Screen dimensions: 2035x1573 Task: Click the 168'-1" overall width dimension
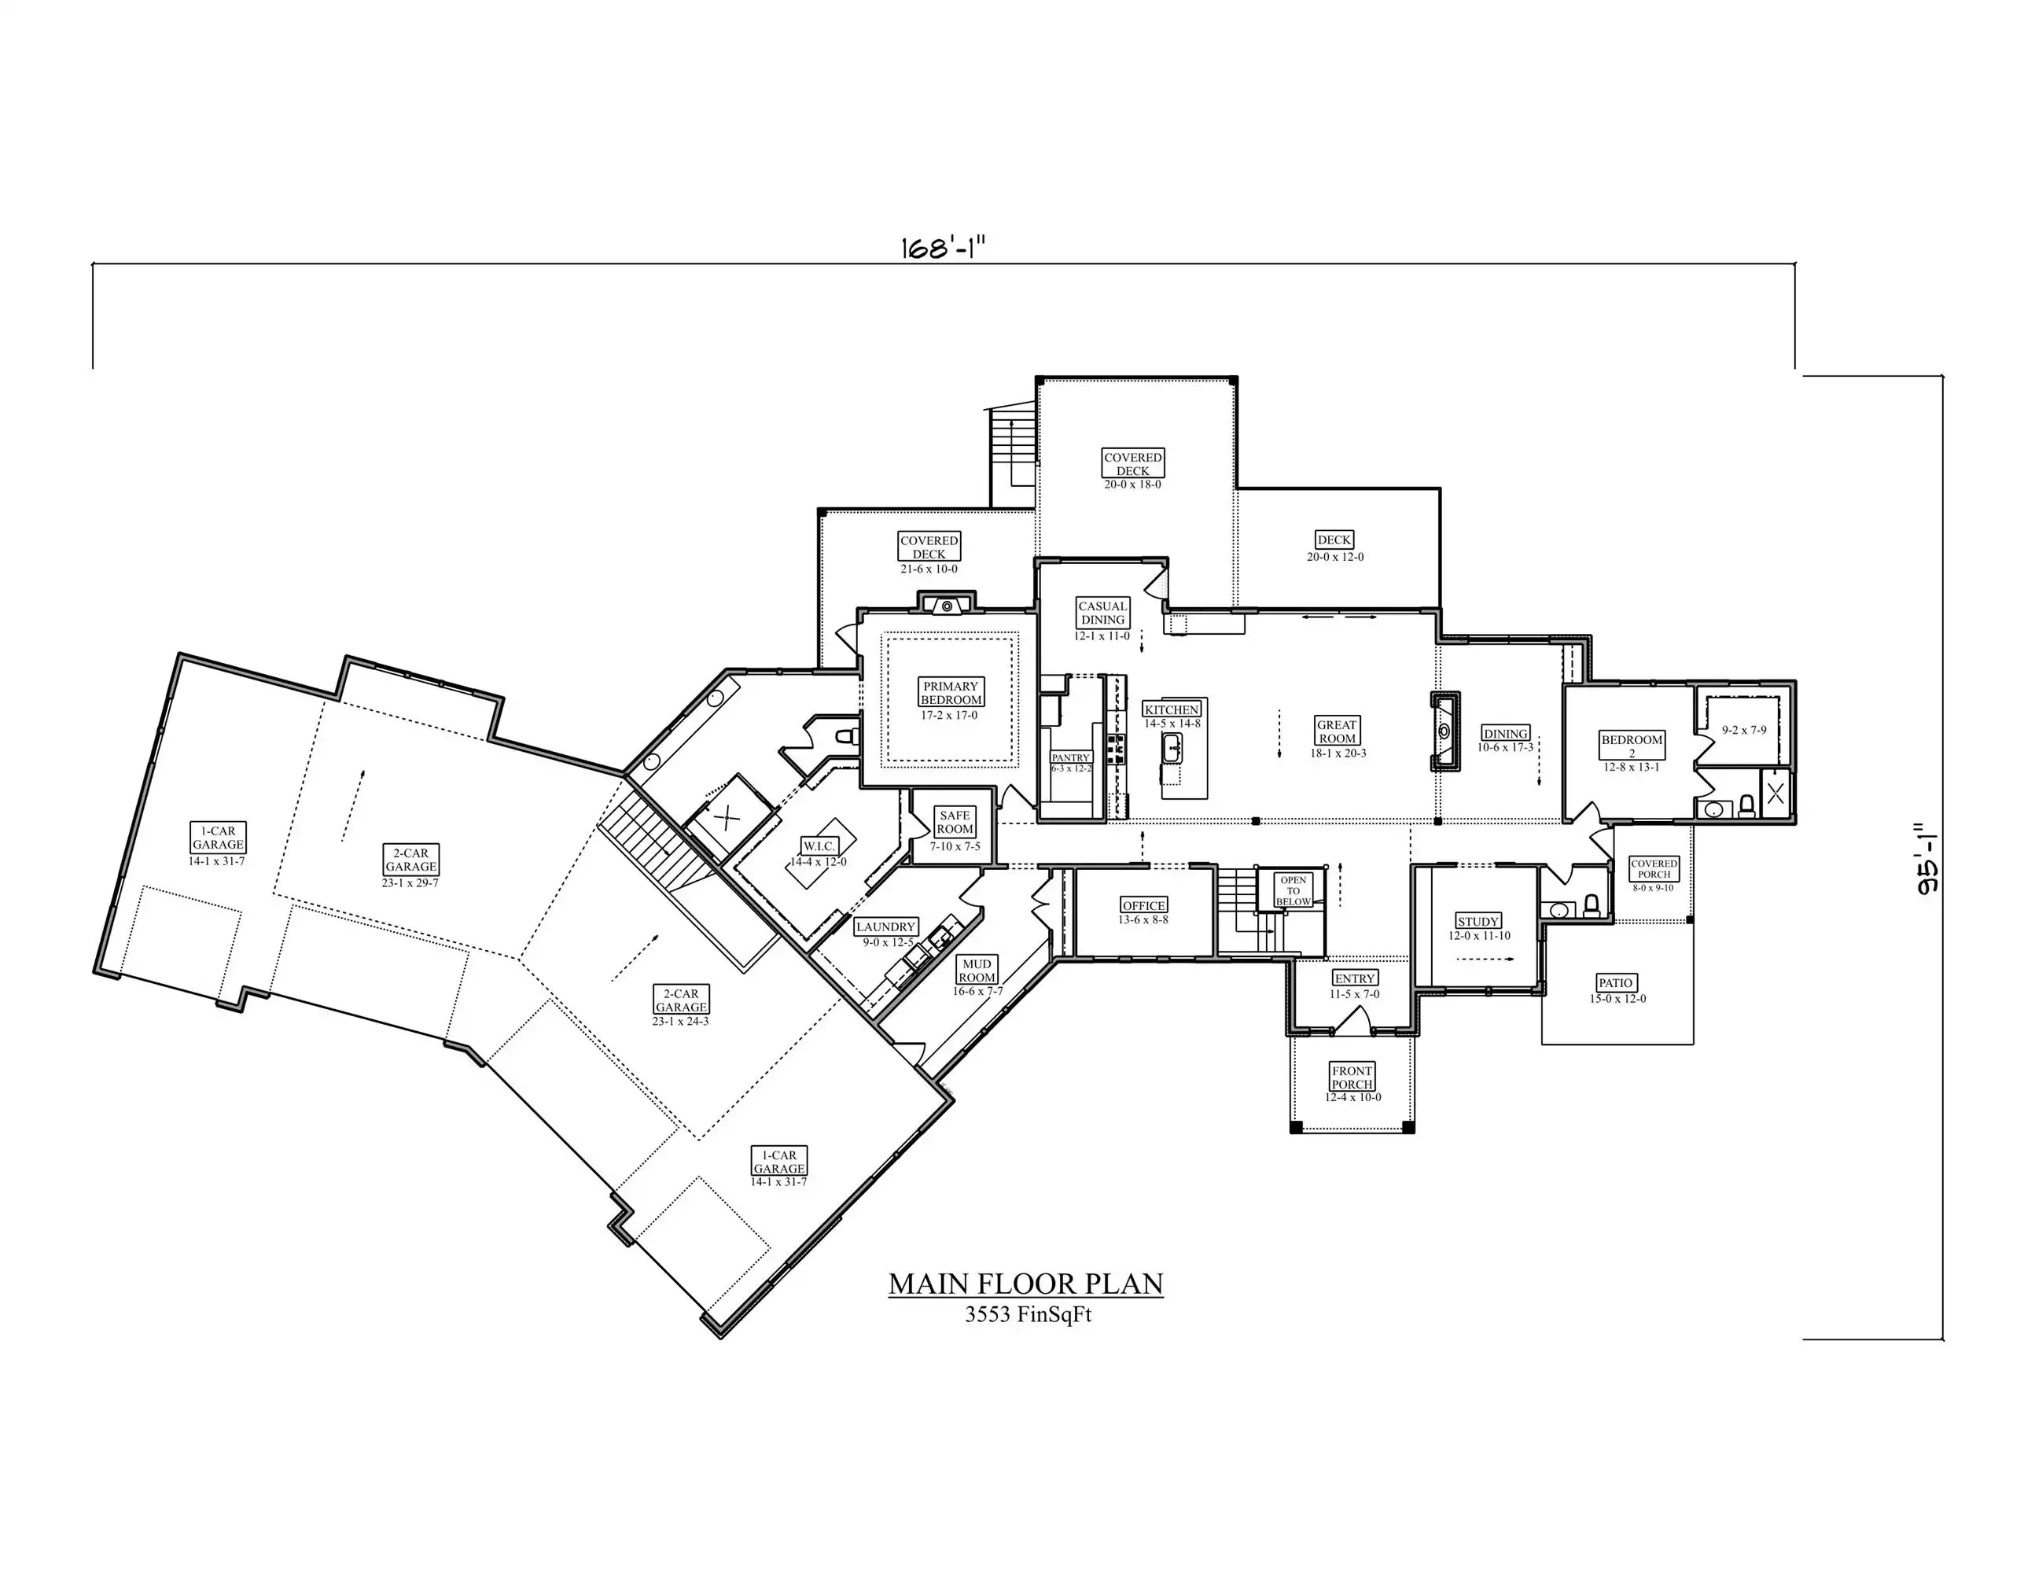coord(942,248)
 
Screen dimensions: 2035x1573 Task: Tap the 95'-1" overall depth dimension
coord(1927,858)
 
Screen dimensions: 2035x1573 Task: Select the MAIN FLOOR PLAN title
coord(1026,1284)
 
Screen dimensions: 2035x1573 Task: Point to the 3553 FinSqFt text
coord(1028,1315)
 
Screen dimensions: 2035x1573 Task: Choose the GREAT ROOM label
coord(1337,731)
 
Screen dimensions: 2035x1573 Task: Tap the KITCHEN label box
coord(1172,710)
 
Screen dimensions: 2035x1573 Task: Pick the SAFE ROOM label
coord(955,822)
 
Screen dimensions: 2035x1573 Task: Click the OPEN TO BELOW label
coord(1293,891)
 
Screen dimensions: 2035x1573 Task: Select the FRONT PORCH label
coord(1352,1078)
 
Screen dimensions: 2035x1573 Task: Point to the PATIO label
coord(1616,983)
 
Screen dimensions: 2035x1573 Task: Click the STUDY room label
coord(1479,922)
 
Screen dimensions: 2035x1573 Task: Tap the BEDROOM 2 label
coord(1632,746)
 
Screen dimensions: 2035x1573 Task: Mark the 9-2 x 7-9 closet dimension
coord(1744,731)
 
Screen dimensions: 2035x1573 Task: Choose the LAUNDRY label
coord(885,927)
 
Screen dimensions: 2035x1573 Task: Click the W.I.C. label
coord(819,846)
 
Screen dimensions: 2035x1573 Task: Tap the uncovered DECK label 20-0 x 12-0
coord(1334,540)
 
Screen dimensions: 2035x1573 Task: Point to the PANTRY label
coord(1071,757)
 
